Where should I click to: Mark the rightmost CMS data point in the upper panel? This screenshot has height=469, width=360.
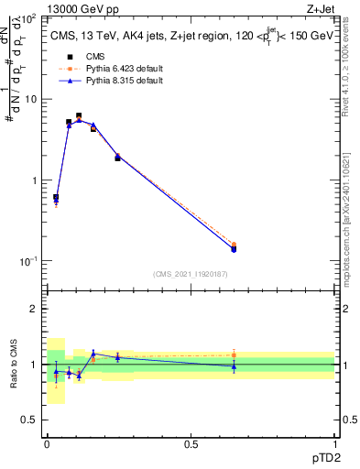click(x=234, y=248)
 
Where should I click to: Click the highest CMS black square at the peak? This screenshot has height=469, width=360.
click(x=79, y=116)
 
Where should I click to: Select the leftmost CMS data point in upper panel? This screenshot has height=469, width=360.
click(x=56, y=197)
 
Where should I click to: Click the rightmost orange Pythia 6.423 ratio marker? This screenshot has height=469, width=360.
click(x=234, y=354)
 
